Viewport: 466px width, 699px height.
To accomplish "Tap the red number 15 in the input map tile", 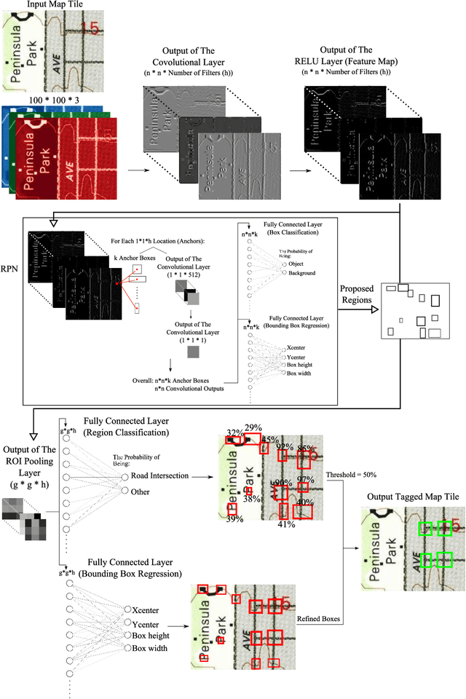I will coord(89,28).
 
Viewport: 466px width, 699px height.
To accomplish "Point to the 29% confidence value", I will coord(253,427).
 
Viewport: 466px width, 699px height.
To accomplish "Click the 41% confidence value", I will coord(285,524).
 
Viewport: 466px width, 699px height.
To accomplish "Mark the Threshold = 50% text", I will coord(349,474).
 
